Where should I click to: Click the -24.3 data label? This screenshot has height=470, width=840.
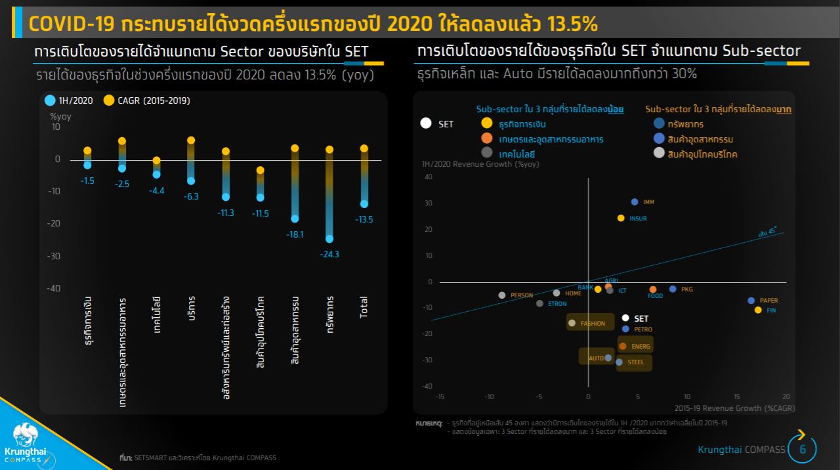(329, 254)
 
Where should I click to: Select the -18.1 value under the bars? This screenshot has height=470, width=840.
(295, 234)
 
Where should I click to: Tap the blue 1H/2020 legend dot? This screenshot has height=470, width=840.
(50, 100)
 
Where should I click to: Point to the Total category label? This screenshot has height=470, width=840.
(364, 307)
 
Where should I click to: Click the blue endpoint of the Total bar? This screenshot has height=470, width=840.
(364, 204)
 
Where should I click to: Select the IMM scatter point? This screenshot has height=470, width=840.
(635, 202)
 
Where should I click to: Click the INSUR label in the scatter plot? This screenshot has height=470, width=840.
(638, 218)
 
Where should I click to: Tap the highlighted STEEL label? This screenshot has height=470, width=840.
(635, 362)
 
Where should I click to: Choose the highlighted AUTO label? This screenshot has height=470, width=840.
(596, 358)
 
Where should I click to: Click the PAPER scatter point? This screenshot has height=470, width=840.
(751, 301)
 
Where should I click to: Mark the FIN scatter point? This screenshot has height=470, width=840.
(758, 310)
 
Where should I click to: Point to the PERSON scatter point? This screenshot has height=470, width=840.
(502, 295)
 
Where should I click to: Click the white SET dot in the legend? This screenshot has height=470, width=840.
(426, 123)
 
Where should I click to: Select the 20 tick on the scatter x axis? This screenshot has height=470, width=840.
(786, 396)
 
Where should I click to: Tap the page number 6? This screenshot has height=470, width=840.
(803, 450)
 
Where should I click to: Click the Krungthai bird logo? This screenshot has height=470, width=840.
(24, 435)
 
